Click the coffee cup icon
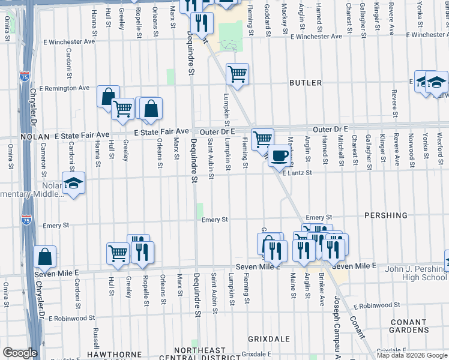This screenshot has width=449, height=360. [x=279, y=156]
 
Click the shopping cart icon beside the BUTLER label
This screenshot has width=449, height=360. [x=238, y=74]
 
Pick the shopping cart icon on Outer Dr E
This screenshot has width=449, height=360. [x=262, y=139]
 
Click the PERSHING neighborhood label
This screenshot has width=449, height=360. [x=385, y=215]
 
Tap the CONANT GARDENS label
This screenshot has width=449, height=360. [x=408, y=326]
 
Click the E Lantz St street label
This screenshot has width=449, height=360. [x=298, y=173]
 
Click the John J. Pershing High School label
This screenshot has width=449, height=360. [x=408, y=273]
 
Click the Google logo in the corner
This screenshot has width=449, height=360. [x=20, y=353]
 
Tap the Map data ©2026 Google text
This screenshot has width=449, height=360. [x=412, y=356]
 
